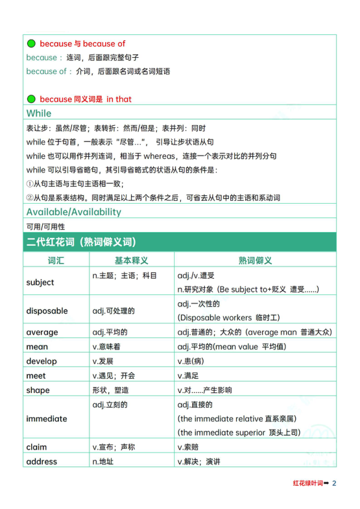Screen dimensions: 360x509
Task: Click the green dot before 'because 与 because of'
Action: (x=31, y=44)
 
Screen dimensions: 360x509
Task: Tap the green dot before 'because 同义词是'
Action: (x=31, y=99)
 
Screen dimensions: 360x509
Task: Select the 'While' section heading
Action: (x=39, y=113)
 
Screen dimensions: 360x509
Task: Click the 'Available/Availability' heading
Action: (x=73, y=212)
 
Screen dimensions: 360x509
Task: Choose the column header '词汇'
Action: (x=56, y=260)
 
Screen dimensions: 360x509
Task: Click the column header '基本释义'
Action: (x=132, y=260)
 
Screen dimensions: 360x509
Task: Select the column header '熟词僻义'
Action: (x=255, y=260)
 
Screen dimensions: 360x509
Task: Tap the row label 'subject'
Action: (x=40, y=282)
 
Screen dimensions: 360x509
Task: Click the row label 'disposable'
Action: (x=47, y=311)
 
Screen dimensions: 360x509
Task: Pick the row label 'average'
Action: (x=42, y=332)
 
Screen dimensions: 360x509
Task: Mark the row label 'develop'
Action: (x=41, y=361)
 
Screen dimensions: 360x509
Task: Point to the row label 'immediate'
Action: (x=47, y=418)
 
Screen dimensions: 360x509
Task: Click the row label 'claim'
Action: (x=37, y=447)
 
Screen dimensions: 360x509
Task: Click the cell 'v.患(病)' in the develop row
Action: (x=191, y=361)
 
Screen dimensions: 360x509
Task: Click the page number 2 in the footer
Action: (x=334, y=483)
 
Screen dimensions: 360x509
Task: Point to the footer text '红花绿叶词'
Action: (x=308, y=483)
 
